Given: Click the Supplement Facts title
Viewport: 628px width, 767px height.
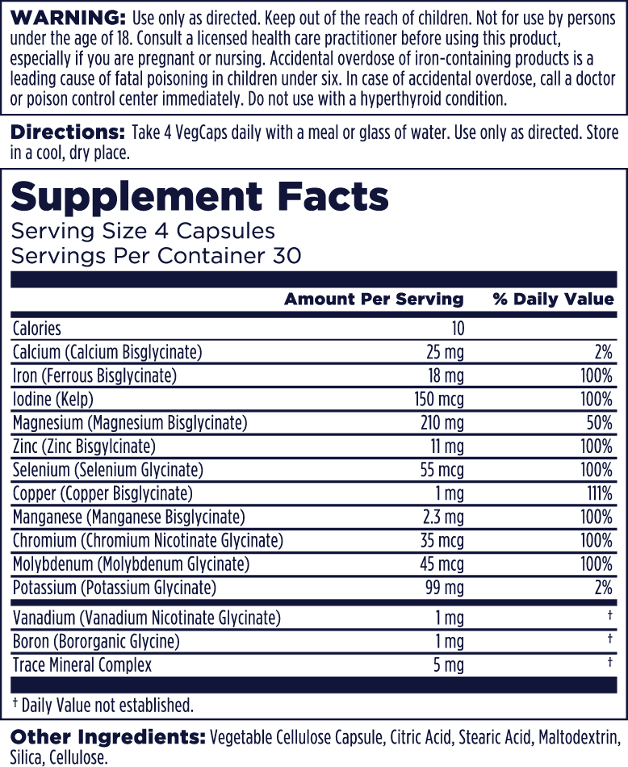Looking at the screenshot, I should click(199, 196).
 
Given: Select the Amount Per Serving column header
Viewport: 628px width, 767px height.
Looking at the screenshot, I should click(374, 300).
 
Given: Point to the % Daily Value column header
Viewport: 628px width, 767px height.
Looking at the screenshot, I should click(553, 300).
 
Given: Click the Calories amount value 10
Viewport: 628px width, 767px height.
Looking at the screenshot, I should click(458, 329).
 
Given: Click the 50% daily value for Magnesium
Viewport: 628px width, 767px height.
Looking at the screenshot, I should click(597, 422).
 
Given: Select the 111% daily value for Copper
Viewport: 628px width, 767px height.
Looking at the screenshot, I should click(597, 493).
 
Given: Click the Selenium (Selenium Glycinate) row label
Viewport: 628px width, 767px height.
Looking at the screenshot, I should click(108, 470).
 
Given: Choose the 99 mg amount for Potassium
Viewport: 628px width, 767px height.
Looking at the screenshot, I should click(445, 588).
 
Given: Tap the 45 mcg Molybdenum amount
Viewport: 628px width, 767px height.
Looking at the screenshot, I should click(439, 564).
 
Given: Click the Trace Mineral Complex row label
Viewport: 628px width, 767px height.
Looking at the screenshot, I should click(82, 665).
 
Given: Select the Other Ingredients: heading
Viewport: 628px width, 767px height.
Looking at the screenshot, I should click(107, 738).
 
